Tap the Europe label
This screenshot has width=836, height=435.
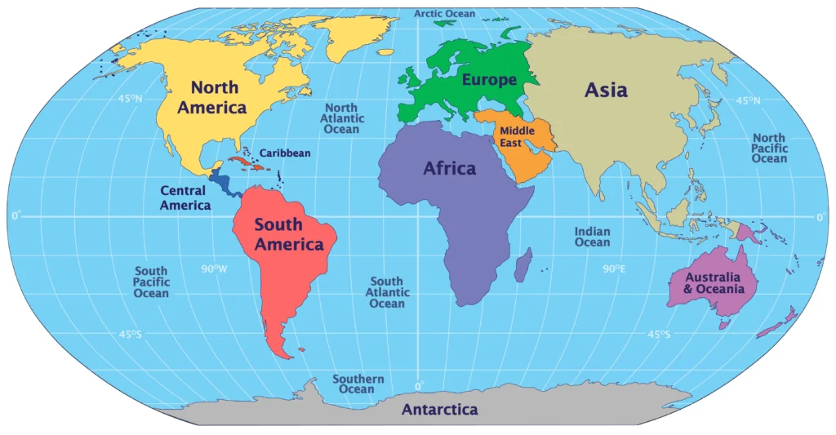pos(489,80)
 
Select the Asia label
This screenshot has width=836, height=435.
pos(606,90)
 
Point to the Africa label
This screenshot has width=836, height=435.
pos(449,169)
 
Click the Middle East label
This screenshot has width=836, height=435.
pos(517,136)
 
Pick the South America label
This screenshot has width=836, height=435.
pos(288,234)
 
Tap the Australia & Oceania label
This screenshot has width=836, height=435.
pos(714,283)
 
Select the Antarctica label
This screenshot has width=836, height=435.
pos(439,410)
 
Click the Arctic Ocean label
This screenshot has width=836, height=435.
pos(445,14)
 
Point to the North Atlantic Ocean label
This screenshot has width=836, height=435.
pos(341,118)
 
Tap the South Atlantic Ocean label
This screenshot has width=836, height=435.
pos(387,292)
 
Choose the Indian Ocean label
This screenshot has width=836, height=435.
pos(592,237)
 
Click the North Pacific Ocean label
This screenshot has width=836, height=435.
pos(769,148)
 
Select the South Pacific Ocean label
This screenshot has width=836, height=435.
pos(151,282)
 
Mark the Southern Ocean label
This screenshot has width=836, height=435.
pos(358,384)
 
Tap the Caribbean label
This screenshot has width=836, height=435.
pos(285,153)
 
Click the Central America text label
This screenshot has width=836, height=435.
pos(185,198)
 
